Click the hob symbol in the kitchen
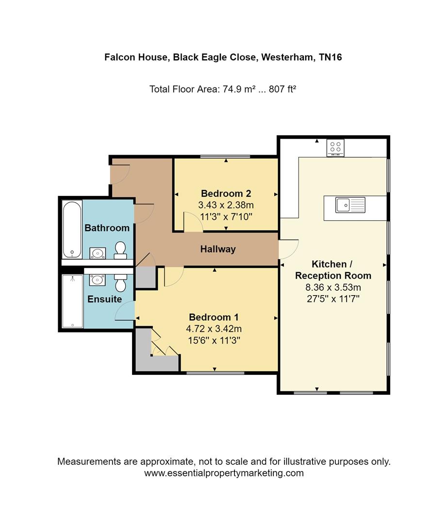[335, 147]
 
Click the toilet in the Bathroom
[120, 250]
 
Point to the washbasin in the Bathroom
[98, 253]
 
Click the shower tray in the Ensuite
[72, 301]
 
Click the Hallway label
[218, 249]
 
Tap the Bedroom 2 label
[226, 193]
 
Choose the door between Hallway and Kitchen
[287, 249]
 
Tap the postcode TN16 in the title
[330, 57]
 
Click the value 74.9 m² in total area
[239, 89]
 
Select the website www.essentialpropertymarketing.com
[224, 473]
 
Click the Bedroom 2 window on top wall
[226, 157]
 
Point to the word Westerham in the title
[287, 57]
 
